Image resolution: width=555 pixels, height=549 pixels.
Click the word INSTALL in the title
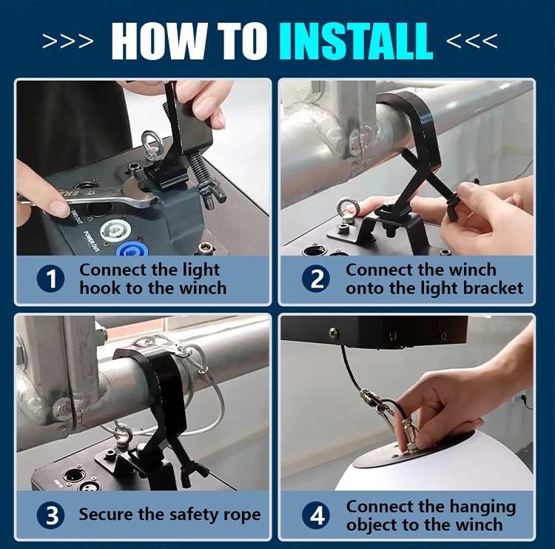coord(355,41)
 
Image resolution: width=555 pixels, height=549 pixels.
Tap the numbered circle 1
coord(50,279)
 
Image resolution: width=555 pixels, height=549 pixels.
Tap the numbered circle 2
coord(316,279)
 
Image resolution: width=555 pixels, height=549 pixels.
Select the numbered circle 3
coord(50,515)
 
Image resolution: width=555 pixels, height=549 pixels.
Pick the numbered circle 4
coord(316,515)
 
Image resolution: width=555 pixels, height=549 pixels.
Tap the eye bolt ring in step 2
coord(345,210)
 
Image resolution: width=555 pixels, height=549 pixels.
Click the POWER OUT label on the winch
coord(91,242)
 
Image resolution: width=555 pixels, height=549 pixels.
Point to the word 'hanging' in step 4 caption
coord(484,508)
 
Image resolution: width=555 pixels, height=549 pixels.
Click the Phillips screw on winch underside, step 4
coord(334,333)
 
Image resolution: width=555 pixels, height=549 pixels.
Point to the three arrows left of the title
coord(68,41)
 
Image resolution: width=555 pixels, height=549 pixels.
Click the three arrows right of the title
coord(472,41)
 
